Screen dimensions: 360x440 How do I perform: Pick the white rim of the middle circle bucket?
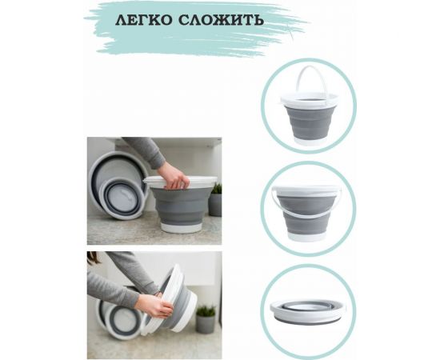coord(308,193)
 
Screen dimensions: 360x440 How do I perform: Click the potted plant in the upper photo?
coord(215,201)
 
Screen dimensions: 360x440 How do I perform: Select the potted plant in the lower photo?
coord(206,319)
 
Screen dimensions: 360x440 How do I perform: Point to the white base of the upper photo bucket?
coord(182,226)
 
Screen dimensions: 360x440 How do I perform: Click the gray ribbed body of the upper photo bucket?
coord(182,205)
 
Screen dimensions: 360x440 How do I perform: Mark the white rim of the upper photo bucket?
coord(182,182)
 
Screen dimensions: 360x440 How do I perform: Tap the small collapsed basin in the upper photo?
coord(119,197)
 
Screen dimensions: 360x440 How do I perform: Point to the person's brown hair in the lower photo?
coord(92,258)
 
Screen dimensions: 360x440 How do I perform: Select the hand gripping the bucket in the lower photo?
coord(152,305)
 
